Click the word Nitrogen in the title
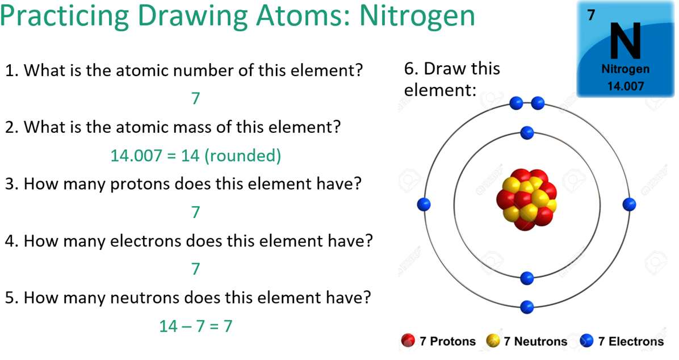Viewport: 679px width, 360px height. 417,16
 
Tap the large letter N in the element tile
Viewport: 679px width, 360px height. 625,41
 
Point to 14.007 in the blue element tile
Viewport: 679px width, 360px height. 625,86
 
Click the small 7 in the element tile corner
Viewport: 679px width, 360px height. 591,15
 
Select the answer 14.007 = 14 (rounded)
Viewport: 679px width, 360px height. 196,155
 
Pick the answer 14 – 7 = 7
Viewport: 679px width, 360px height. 196,326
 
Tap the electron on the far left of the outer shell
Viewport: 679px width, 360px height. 424,204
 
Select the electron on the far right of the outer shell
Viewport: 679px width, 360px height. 629,204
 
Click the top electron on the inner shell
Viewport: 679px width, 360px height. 527,132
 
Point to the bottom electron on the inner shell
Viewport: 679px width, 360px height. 527,278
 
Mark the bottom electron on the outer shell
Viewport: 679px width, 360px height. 527,307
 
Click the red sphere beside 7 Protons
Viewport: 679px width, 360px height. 408,341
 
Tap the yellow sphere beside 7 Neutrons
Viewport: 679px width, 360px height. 493,341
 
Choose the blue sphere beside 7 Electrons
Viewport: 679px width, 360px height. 587,341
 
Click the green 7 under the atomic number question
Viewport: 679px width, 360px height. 196,98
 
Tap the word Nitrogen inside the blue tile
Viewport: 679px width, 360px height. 625,69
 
